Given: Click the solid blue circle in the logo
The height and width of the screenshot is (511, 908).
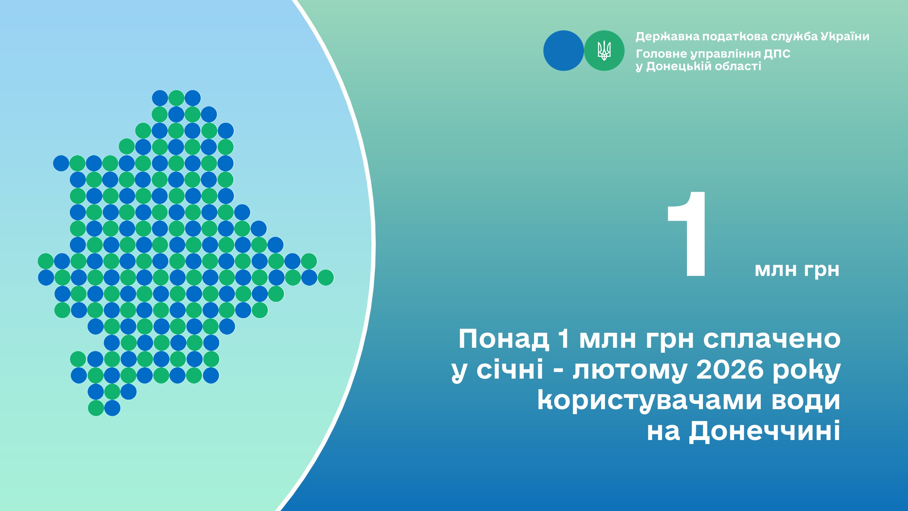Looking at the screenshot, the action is click(563, 50).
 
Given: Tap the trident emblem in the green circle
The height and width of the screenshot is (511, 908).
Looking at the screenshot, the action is click(604, 50).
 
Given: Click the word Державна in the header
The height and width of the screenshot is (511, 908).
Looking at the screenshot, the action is click(667, 37).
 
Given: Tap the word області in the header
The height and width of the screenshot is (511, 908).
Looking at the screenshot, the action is click(738, 66).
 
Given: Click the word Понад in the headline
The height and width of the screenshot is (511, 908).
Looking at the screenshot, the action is click(504, 339).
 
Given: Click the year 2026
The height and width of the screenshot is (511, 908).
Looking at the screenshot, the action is click(730, 369).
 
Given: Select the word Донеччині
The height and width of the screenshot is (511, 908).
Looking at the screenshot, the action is click(765, 431).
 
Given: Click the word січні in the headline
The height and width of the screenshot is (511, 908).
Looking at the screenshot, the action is click(510, 369).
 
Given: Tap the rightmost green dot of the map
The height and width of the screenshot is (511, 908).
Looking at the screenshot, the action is click(326, 278).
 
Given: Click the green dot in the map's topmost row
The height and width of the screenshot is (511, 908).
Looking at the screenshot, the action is click(176, 98).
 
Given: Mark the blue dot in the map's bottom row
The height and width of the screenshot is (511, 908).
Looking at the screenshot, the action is click(112, 408).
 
